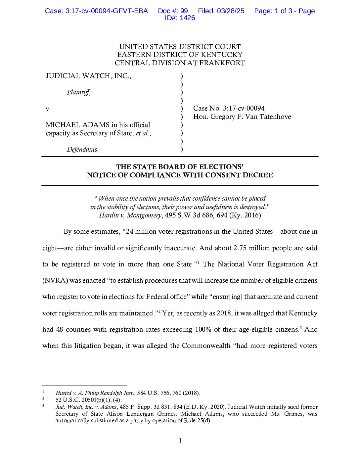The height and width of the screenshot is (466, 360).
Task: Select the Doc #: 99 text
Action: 173,11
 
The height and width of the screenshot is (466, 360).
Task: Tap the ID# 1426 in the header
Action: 180,18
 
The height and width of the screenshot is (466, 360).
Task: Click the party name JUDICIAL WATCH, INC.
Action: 88,76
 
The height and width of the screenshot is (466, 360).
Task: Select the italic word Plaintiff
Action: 78,92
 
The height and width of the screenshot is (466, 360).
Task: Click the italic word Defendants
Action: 82,149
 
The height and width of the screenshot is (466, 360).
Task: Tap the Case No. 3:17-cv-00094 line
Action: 229,108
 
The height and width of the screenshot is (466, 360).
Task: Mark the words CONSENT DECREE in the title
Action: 244,175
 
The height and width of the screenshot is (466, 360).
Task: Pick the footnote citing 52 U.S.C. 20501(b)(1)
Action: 88,400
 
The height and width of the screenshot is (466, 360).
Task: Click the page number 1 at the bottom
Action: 180,441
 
